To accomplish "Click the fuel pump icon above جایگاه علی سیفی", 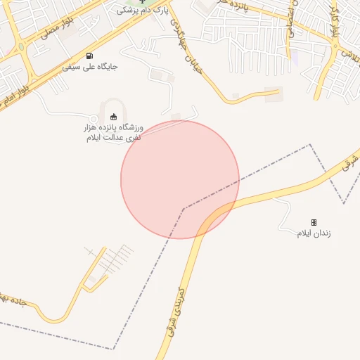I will (89, 56).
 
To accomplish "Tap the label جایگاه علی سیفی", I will (89, 67).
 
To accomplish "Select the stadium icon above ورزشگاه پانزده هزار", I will (115, 116).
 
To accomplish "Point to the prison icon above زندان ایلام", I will (314, 222).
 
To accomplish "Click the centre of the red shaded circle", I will (180, 179).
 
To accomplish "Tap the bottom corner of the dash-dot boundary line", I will (113, 349).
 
